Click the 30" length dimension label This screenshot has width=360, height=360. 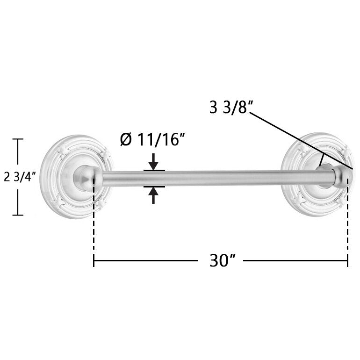click(x=223, y=260)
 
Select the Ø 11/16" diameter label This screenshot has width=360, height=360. click(x=152, y=139)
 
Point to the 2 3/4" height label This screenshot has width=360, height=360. click(x=20, y=177)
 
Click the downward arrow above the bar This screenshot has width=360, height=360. click(x=153, y=162)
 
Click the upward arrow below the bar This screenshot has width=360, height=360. click(x=153, y=195)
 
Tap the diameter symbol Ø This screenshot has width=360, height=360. click(x=126, y=139)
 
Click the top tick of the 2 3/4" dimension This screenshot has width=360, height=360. click(x=18, y=139)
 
